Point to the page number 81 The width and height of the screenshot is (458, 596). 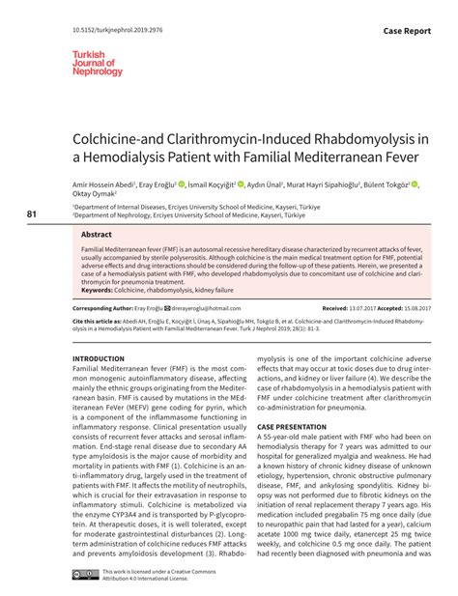[33, 213]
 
